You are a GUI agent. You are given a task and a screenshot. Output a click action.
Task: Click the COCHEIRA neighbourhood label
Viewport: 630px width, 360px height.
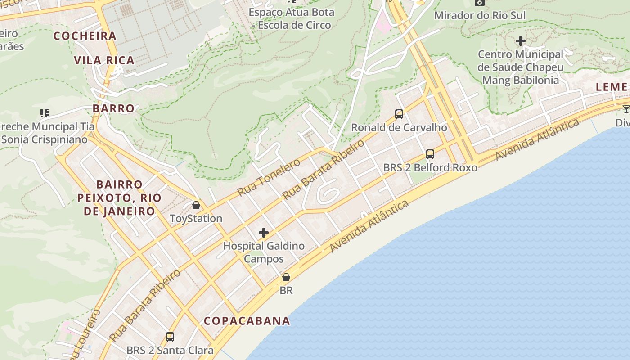click(85, 36)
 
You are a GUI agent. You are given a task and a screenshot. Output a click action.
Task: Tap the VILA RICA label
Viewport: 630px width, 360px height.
click(104, 60)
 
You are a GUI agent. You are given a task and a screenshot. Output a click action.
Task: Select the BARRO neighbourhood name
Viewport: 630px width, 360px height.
click(114, 108)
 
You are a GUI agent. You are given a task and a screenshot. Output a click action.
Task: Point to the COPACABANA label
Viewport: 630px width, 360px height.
click(247, 321)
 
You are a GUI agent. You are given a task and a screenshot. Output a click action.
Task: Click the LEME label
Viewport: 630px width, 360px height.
click(612, 87)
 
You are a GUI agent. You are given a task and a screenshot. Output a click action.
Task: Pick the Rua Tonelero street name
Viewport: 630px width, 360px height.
click(269, 177)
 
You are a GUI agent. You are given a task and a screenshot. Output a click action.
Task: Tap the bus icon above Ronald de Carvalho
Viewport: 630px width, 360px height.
click(399, 114)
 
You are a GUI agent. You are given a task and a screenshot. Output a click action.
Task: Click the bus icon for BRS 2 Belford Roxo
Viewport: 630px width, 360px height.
click(430, 154)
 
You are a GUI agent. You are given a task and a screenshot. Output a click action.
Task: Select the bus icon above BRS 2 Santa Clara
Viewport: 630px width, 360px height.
click(170, 337)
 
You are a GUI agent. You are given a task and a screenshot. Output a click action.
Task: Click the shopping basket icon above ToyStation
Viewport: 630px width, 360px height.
click(196, 205)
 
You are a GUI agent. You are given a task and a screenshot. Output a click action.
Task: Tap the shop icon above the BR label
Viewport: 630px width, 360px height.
click(286, 277)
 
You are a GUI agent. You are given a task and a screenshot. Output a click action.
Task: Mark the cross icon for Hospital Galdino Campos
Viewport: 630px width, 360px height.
click(264, 233)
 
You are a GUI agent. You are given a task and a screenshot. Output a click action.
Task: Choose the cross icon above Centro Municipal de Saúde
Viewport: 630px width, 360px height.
click(521, 41)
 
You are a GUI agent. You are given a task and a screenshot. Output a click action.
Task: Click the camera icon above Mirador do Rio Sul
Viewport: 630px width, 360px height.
click(480, 3)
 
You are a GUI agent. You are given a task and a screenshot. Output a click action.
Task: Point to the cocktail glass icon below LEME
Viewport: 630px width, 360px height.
click(626, 109)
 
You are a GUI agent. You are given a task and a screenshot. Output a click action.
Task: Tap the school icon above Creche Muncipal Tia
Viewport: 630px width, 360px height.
click(44, 113)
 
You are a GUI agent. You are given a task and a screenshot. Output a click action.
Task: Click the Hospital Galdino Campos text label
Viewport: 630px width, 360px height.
click(264, 252)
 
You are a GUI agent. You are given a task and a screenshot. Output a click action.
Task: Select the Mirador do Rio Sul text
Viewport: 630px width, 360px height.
click(480, 16)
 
